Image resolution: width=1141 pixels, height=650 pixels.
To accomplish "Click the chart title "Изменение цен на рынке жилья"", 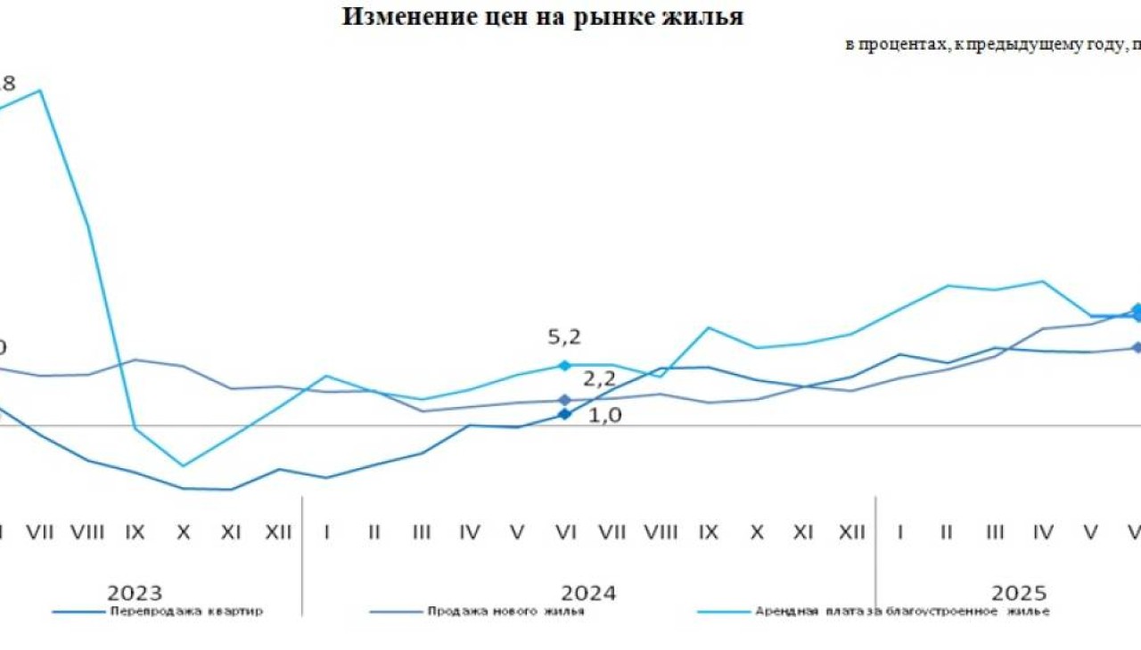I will coord(542,18).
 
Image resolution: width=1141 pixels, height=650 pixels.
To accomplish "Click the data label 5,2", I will coord(564,337).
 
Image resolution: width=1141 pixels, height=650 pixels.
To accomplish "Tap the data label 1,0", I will coord(605,415).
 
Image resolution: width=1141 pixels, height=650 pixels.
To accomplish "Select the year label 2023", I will coord(135,593).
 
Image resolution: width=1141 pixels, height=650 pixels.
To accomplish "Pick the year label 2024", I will coord(588,593).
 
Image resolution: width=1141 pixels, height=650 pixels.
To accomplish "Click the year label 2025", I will coord(1020,593).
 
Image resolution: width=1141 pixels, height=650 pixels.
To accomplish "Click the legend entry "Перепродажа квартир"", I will coord(186,612).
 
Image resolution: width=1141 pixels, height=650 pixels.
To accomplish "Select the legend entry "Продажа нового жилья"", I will coord(505,612).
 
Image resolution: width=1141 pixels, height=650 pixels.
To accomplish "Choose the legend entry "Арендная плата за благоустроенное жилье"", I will coord(902,612).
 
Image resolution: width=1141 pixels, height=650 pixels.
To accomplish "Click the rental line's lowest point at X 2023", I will coord(183,466).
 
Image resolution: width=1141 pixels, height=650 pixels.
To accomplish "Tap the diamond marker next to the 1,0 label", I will coord(564,414).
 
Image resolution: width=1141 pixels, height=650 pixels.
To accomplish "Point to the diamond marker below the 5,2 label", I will coord(564,365).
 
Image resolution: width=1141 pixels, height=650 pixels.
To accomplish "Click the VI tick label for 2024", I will coord(564,532).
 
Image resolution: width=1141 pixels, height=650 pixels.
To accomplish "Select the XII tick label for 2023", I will coord(279,532).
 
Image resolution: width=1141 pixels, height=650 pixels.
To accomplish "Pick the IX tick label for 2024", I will coord(709,532).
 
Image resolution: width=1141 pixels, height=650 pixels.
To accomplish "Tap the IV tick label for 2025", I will coord(1042,532).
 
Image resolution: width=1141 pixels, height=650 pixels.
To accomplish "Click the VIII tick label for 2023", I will coord(87,532).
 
